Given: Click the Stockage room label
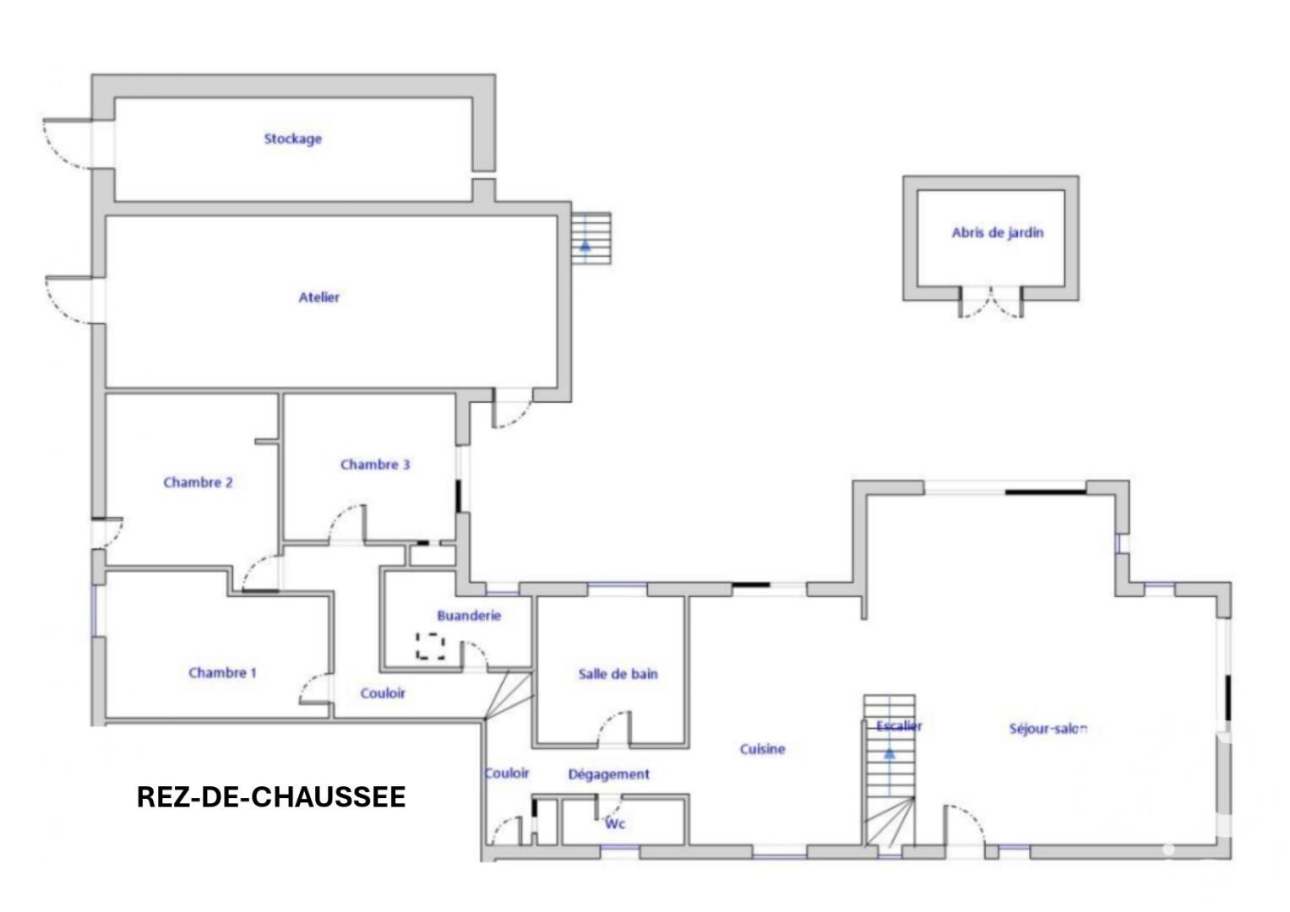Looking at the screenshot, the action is coord(292,138).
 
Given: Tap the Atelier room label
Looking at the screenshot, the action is coord(318,297).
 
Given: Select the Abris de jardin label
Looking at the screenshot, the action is coord(998,232).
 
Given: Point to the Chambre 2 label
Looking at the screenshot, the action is coord(199,482).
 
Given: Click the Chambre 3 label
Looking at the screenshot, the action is coord(375,464).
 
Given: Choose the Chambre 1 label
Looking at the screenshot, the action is coord(222,672).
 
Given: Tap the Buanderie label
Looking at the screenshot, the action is coord(469,616).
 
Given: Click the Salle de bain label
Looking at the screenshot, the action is coord(618,674).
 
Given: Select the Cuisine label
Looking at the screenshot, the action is coord(763,748).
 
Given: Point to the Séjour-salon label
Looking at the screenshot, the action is coord(1048,728).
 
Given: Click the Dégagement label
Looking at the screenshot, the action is coord(609,774).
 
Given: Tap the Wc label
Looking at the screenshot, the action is coord(615,824).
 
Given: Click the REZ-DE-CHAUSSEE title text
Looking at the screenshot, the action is coord(271,797).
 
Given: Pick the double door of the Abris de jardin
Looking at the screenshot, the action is coord(991,303).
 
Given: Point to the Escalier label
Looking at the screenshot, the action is coord(899,726).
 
